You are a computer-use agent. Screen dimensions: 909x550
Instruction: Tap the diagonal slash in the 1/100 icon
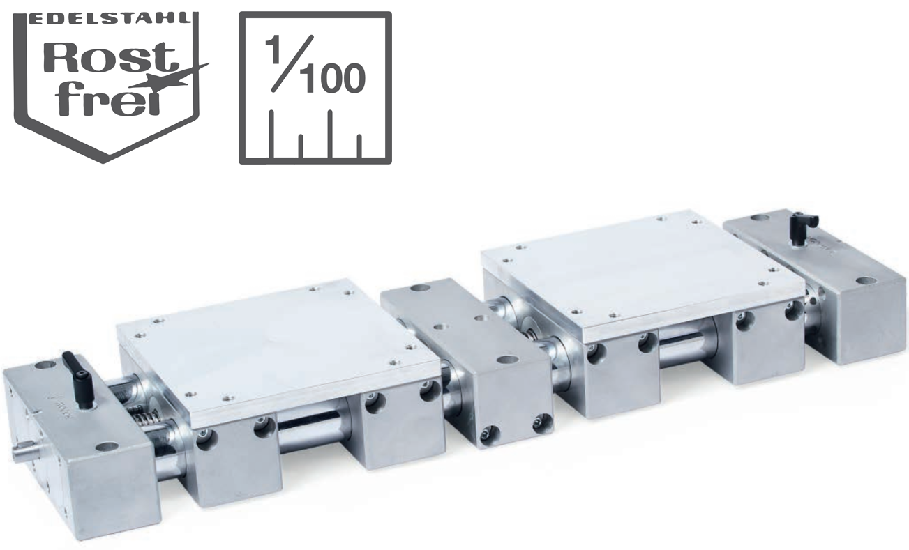(x=292, y=63)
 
